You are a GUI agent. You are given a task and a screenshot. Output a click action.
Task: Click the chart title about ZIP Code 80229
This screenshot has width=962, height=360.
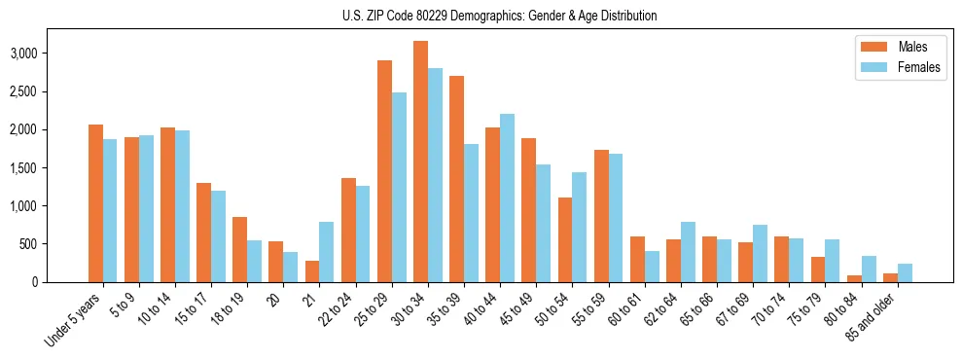[499, 16]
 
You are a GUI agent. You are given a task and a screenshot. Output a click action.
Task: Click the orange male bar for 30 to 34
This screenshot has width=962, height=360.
[420, 162]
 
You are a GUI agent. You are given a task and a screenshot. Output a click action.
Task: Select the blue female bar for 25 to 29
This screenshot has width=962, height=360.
[399, 188]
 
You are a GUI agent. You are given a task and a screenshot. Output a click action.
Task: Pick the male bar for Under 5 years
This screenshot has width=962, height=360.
[95, 203]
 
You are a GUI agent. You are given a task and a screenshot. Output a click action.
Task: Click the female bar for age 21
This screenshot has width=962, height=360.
[327, 252]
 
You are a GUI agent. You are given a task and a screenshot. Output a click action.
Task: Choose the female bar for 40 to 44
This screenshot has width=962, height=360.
[507, 198]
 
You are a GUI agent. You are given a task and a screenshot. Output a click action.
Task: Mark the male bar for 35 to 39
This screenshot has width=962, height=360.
[456, 179]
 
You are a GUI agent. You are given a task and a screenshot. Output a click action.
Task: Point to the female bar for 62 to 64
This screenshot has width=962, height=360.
[688, 252]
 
